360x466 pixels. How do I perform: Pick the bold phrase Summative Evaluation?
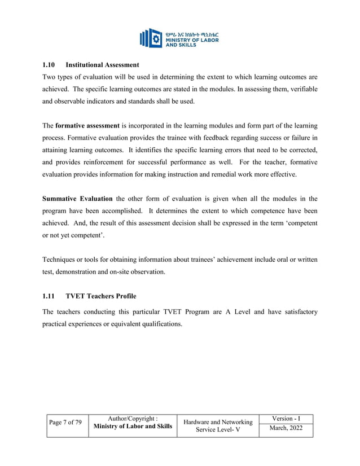pos(78,199)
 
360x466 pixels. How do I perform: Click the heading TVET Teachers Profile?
pos(101,296)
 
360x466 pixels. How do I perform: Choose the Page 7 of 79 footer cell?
pos(65,423)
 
